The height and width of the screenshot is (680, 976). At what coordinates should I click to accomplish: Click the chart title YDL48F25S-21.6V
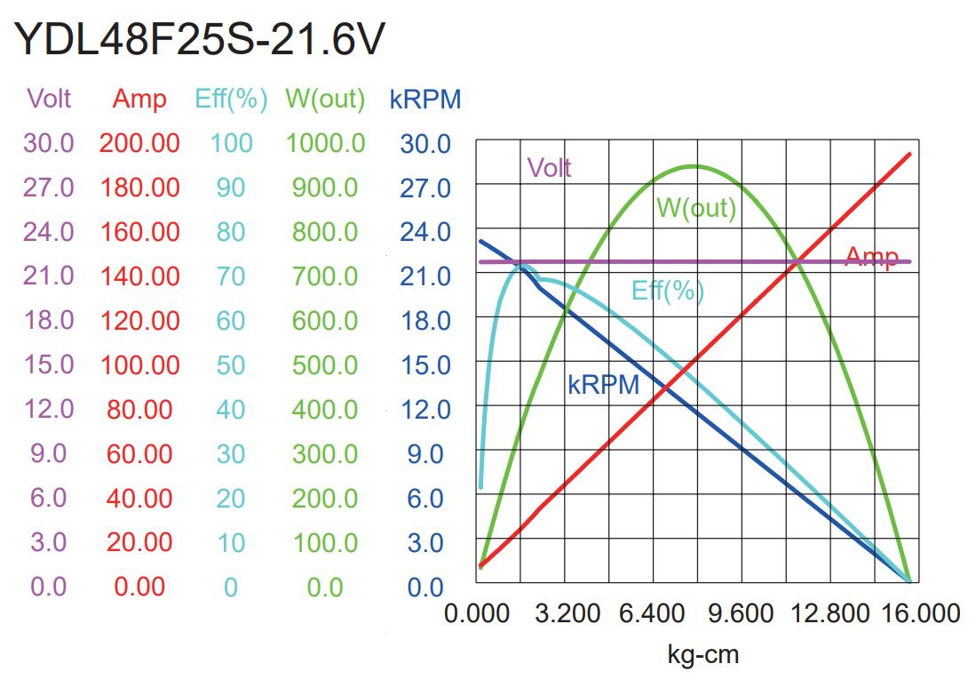(x=201, y=39)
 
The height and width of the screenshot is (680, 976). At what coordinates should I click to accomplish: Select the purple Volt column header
(x=49, y=98)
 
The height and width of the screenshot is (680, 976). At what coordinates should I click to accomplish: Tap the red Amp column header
(x=139, y=99)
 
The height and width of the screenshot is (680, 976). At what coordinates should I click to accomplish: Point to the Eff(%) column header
(x=231, y=99)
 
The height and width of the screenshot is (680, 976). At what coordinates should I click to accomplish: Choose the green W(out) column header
(x=325, y=99)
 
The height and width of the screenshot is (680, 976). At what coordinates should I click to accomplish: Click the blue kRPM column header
(x=425, y=99)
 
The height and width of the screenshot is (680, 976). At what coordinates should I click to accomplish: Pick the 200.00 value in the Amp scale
(x=139, y=143)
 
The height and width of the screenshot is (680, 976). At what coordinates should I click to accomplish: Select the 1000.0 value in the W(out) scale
(x=325, y=143)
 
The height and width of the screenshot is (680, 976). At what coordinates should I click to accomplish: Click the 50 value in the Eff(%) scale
(x=231, y=365)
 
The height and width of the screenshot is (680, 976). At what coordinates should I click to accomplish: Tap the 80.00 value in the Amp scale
(x=139, y=410)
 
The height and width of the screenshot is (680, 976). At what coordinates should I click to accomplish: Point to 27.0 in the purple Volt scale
(x=49, y=188)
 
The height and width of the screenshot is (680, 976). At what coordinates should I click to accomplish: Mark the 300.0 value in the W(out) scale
(x=325, y=454)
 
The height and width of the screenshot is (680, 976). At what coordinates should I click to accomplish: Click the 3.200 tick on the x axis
(x=567, y=613)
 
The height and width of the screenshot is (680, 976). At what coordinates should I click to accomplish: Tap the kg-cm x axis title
(x=702, y=655)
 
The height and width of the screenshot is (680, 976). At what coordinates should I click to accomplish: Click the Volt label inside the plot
(x=549, y=167)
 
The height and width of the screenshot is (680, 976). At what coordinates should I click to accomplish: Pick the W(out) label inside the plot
(x=696, y=208)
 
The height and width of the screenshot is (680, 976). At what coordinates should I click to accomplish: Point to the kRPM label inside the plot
(x=603, y=385)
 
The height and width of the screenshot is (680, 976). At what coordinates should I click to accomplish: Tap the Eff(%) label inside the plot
(x=667, y=290)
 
